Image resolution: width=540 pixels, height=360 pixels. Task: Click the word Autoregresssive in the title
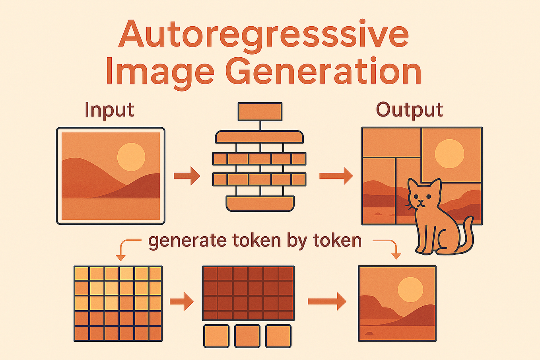[264, 34]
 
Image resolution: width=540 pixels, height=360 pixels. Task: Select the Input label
[109, 109]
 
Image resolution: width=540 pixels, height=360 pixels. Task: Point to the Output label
[409, 109]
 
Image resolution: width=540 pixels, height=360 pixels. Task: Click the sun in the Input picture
[131, 157]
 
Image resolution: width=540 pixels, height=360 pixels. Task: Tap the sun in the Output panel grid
[449, 154]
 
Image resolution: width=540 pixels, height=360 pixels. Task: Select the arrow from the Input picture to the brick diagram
[187, 175]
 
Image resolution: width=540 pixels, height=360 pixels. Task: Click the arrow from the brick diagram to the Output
[336, 175]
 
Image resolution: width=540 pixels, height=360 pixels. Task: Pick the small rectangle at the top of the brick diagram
[260, 111]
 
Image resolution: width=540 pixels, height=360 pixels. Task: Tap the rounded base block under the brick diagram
[260, 203]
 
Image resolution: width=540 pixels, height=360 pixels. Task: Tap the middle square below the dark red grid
[247, 336]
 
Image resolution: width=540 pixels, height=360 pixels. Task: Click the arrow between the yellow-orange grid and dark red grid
[182, 302]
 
